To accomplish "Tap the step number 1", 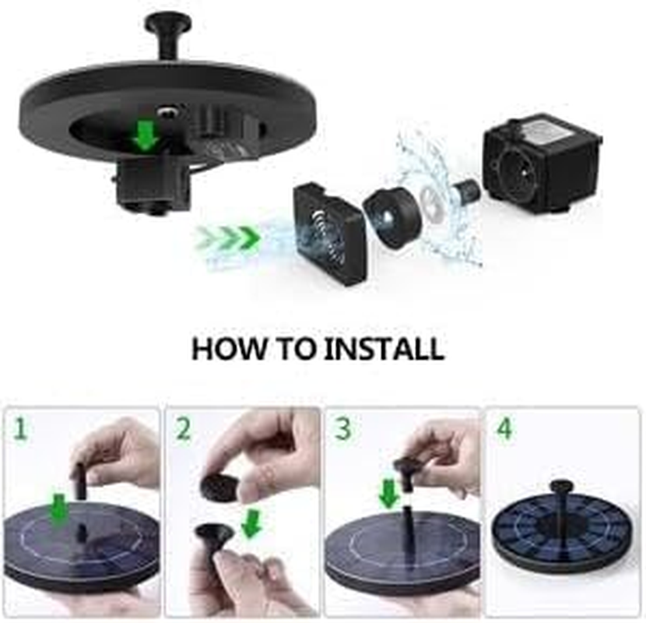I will click(x=19, y=428).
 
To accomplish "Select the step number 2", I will click(x=182, y=428).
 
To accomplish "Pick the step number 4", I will click(x=505, y=428).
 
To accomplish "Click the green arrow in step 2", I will click(x=251, y=523).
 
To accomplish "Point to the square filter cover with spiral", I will click(x=328, y=232).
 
